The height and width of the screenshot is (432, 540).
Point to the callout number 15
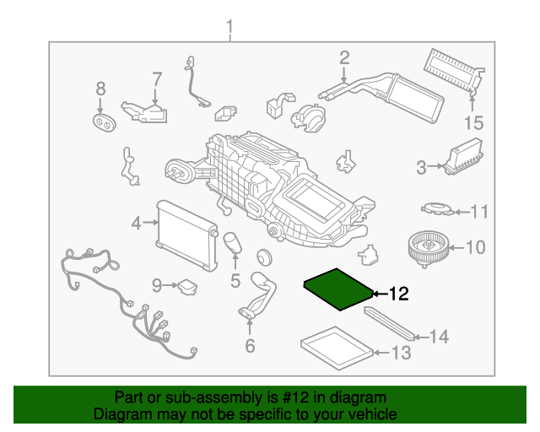[474, 123]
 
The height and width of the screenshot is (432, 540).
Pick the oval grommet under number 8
[104, 125]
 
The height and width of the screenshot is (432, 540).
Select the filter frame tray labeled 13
[336, 348]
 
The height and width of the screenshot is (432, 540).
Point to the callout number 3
[421, 168]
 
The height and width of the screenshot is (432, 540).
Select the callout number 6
[250, 345]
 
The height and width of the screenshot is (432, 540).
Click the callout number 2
[344, 57]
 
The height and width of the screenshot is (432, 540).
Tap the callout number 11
[479, 211]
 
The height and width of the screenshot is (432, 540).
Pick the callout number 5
[235, 278]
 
